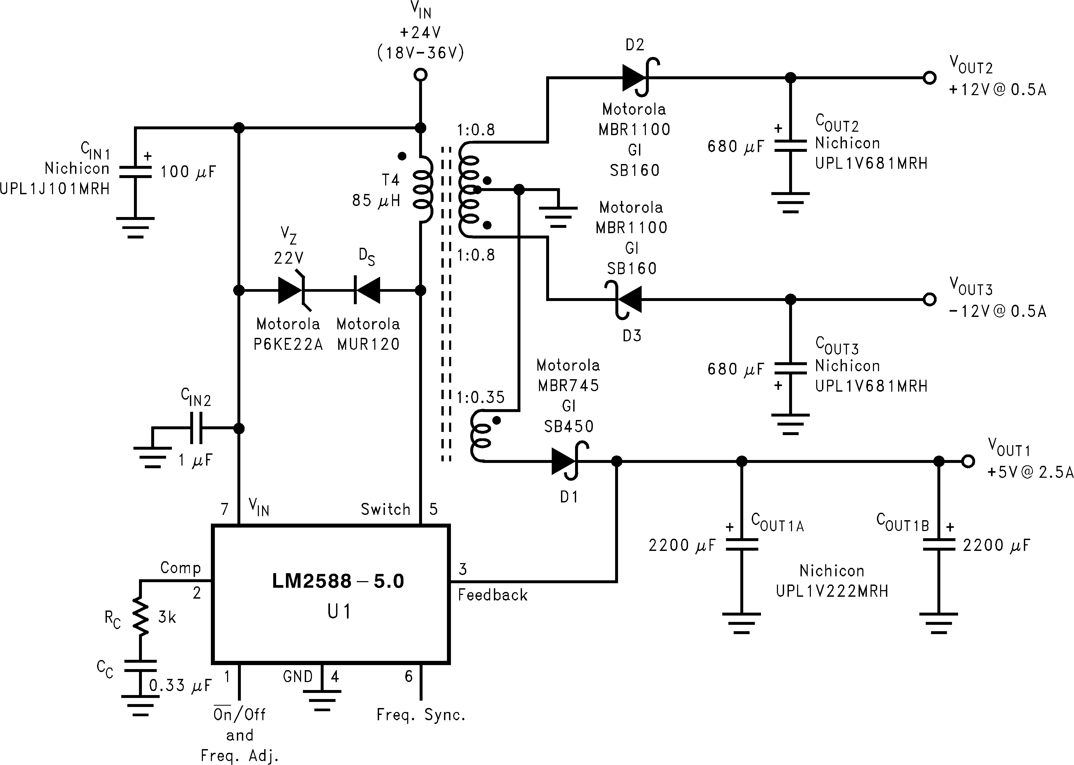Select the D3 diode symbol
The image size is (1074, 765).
coord(625,299)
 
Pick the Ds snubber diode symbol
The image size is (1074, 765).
coord(367,290)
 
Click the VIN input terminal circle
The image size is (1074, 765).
coord(420,74)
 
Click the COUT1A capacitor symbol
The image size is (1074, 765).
coord(741,545)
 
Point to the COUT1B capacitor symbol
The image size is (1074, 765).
coord(938,545)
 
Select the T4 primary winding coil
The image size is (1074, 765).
coord(423,189)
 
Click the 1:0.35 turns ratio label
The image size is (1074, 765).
coord(480,397)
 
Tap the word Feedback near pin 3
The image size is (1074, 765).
coord(493,595)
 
